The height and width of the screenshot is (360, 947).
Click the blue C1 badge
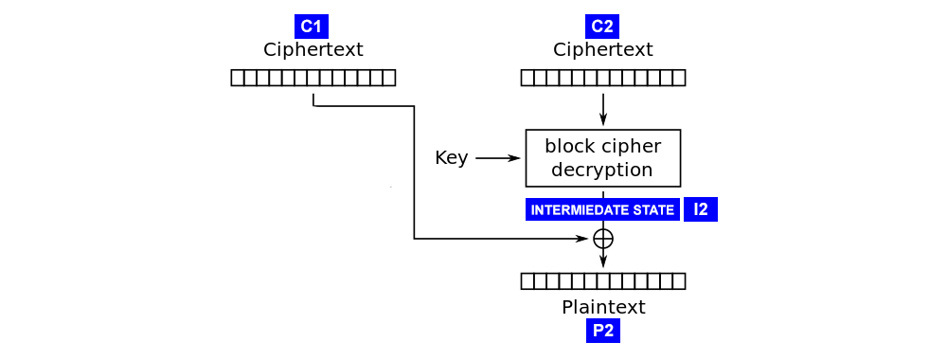click(x=312, y=27)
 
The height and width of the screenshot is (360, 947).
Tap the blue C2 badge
click(x=601, y=27)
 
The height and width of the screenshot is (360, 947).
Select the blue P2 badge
click(x=602, y=330)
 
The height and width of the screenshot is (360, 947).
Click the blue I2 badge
click(x=700, y=209)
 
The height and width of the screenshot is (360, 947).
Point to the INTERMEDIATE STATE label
click(x=602, y=209)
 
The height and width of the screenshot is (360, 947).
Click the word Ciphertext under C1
click(x=313, y=49)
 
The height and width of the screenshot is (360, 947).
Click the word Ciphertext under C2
click(x=602, y=49)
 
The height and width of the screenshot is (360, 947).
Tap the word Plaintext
click(x=602, y=307)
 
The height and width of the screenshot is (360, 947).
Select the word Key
click(x=451, y=158)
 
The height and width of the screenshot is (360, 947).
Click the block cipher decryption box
click(x=602, y=158)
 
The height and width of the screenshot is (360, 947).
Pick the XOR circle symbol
click(x=603, y=239)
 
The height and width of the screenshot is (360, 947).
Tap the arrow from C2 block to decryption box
click(x=603, y=108)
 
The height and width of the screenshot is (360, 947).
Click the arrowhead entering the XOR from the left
click(x=581, y=239)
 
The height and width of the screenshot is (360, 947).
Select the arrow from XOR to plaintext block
click(x=603, y=259)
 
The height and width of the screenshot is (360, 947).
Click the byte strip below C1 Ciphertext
click(x=313, y=78)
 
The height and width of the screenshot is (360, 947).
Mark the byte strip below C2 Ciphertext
click(x=602, y=78)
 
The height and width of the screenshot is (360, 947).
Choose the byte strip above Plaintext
click(x=602, y=281)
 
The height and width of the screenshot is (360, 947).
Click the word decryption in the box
click(x=602, y=171)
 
